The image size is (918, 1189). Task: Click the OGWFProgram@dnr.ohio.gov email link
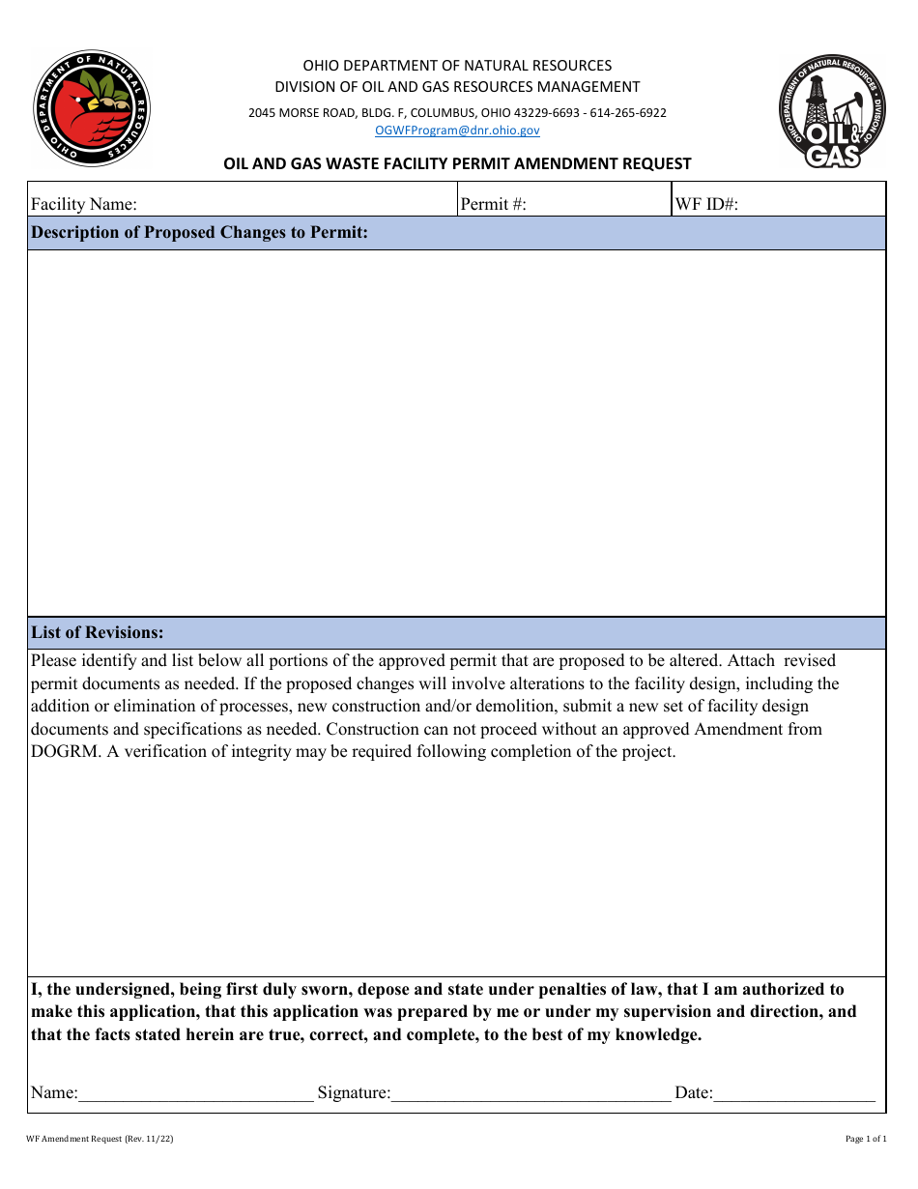click(457, 130)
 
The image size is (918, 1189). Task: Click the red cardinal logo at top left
click(92, 108)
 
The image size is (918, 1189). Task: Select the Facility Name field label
click(84, 204)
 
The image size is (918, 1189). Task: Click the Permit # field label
click(493, 204)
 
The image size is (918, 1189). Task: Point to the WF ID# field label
click(707, 204)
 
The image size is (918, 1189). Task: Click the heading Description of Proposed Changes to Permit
click(199, 233)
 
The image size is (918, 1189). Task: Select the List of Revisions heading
click(97, 632)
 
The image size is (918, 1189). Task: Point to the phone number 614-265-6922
click(628, 112)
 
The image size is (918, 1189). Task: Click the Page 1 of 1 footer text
click(865, 1139)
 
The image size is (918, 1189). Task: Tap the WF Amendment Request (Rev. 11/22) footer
click(100, 1139)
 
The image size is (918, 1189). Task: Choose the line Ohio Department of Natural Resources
click(457, 66)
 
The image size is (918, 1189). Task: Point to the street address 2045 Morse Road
click(302, 112)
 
